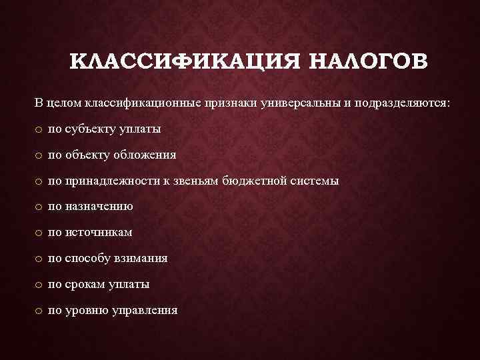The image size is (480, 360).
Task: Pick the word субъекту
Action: coord(91,129)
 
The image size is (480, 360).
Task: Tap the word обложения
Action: coord(145,155)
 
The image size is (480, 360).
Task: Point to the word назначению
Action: coord(99,207)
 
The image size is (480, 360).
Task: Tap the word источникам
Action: coord(99,233)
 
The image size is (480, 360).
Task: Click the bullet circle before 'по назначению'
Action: coord(40,207)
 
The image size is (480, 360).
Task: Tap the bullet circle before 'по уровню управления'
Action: coord(40,311)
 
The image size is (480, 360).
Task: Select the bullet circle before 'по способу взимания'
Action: coord(40,259)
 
